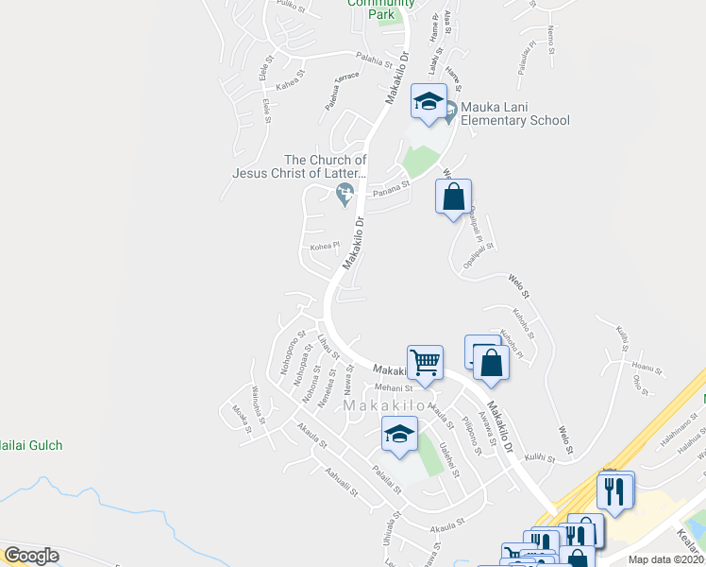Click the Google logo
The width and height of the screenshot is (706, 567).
tap(31, 556)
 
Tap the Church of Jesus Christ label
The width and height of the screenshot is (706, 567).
tap(300, 166)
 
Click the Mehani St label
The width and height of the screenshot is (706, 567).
tap(395, 387)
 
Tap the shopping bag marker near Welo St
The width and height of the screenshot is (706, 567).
tap(453, 198)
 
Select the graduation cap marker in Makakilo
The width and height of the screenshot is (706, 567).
tap(399, 434)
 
